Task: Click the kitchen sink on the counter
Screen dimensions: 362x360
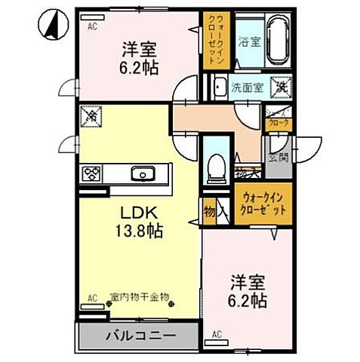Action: point(141,173)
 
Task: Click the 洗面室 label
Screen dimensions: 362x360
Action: point(248,87)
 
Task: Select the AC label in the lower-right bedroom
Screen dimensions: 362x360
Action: point(217,333)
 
